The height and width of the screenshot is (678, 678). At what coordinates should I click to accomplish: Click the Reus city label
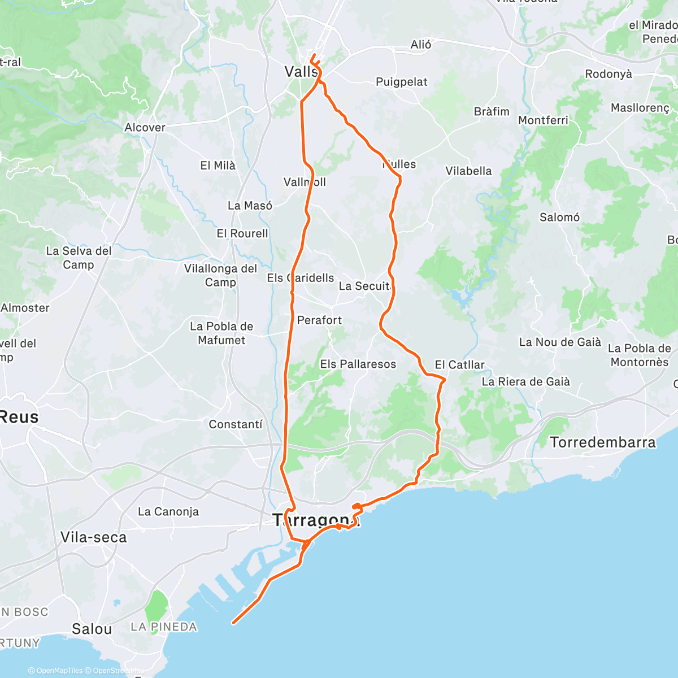tap(19, 418)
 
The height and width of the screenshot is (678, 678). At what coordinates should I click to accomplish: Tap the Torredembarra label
tap(603, 442)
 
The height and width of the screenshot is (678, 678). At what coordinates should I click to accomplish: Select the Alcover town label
tap(145, 128)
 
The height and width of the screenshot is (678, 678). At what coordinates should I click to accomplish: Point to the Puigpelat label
tap(402, 82)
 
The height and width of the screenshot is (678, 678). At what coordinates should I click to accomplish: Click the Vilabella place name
tap(468, 171)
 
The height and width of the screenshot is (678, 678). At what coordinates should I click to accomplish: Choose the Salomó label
tap(559, 218)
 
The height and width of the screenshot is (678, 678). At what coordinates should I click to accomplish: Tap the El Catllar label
tap(459, 365)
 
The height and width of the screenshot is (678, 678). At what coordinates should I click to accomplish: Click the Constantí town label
tap(236, 424)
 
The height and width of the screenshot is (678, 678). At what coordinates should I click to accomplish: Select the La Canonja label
tap(168, 512)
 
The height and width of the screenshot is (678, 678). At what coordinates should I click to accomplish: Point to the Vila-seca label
tap(93, 537)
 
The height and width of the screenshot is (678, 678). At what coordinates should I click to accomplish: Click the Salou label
tap(92, 629)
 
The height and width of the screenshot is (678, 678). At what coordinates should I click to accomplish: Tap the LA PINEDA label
tap(164, 627)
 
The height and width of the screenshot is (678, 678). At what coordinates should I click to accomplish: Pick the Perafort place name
tap(319, 320)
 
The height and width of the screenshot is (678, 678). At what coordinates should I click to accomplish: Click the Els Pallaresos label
tap(358, 364)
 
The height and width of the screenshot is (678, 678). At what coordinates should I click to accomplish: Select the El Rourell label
tap(242, 234)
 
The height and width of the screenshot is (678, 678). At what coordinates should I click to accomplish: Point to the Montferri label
tap(543, 120)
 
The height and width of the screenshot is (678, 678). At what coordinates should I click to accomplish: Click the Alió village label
tap(421, 45)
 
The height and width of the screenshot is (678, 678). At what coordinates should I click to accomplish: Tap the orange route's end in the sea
tap(233, 623)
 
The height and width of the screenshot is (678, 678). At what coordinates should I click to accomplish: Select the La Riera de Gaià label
tap(525, 382)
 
